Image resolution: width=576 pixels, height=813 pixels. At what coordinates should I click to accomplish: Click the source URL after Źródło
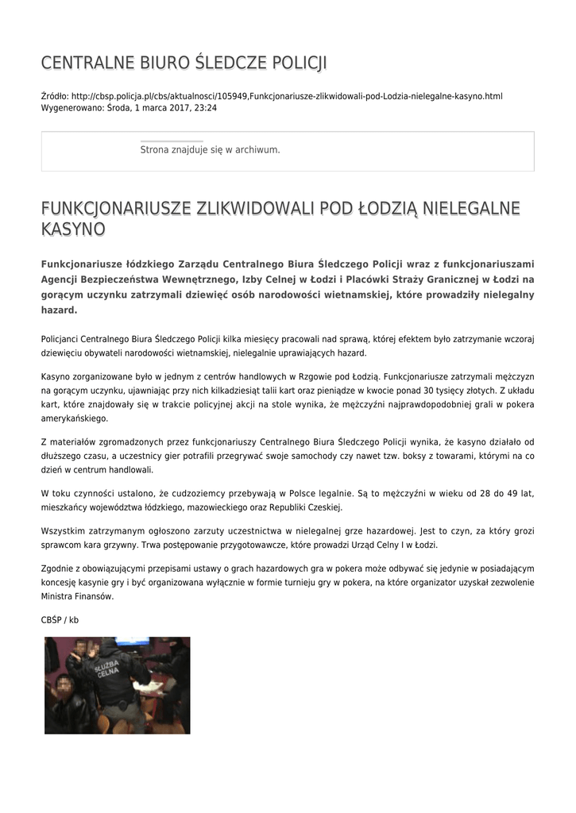pyautogui.click(x=287, y=96)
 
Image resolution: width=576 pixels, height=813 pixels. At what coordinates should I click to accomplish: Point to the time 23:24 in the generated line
pyautogui.click(x=207, y=107)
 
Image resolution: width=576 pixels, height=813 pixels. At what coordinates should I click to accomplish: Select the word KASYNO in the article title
pyautogui.click(x=73, y=229)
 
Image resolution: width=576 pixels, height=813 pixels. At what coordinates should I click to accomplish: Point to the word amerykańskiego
pyautogui.click(x=74, y=418)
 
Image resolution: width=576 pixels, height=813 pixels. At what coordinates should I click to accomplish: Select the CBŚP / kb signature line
pyautogui.click(x=60, y=619)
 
